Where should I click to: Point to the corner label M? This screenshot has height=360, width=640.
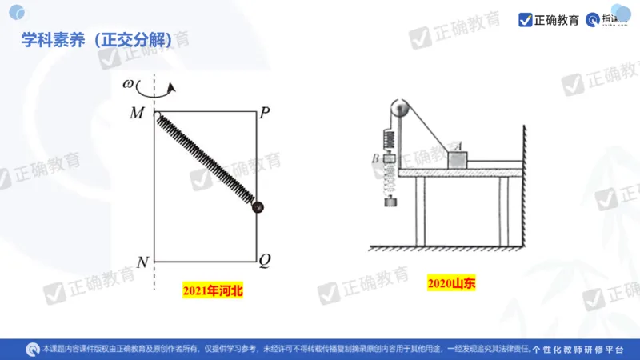pyautogui.click(x=136, y=113)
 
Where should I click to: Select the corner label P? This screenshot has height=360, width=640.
pyautogui.click(x=265, y=113)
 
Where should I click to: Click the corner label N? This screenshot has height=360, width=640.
pyautogui.click(x=142, y=262)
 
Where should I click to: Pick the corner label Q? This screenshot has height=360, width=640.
pyautogui.click(x=265, y=260)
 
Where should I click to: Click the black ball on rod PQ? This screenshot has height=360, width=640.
pyautogui.click(x=258, y=207)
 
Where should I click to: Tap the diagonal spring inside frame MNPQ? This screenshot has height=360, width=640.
pyautogui.click(x=206, y=161)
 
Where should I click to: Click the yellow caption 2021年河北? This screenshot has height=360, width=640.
pyautogui.click(x=212, y=291)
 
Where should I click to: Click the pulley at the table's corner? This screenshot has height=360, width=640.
pyautogui.click(x=401, y=109)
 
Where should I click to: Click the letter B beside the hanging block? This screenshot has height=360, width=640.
pyautogui.click(x=374, y=159)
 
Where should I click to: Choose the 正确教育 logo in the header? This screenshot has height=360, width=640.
pyautogui.click(x=550, y=20)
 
